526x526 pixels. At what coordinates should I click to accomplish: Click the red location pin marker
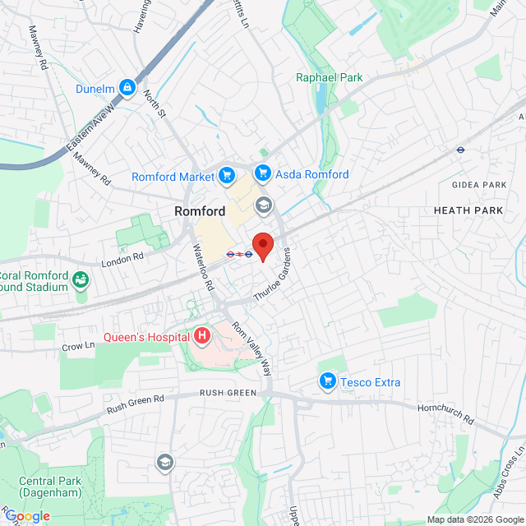(262, 246)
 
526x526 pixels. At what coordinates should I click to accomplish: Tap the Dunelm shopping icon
(127, 87)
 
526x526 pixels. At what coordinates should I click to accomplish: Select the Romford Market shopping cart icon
(227, 175)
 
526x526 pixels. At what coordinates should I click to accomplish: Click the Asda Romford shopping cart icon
(263, 173)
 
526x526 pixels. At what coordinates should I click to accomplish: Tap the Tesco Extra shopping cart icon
(328, 381)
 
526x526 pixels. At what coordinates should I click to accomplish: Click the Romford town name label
(200, 211)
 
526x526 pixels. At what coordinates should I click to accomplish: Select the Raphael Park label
(329, 78)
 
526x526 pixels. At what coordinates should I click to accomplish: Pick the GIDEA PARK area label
(481, 185)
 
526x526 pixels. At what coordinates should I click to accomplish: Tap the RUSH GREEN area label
(228, 393)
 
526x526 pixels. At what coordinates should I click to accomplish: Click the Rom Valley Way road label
(251, 348)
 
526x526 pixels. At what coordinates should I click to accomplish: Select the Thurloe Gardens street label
(273, 275)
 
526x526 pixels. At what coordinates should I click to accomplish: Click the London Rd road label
(122, 259)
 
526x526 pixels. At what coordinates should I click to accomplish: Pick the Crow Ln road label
(78, 347)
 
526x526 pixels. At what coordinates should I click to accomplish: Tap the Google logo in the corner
(28, 516)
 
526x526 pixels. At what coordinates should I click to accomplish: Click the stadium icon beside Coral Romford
(81, 281)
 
